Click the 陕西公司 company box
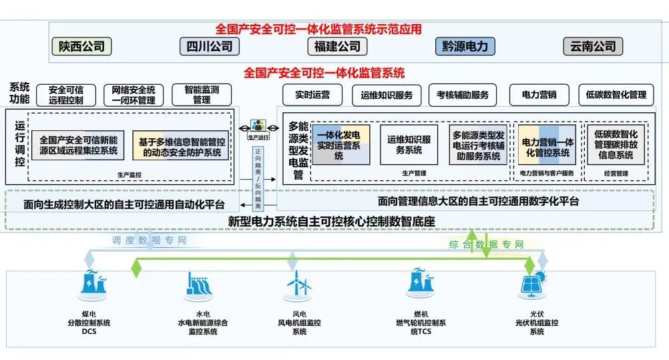(x=81, y=46)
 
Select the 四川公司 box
(x=209, y=46)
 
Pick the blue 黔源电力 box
(x=465, y=46)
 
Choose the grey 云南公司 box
(x=593, y=46)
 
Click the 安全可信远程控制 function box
(x=65, y=95)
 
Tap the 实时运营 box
(x=312, y=95)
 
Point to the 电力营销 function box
(x=539, y=95)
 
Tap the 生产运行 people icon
(x=258, y=126)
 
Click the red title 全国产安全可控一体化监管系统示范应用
(x=318, y=29)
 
